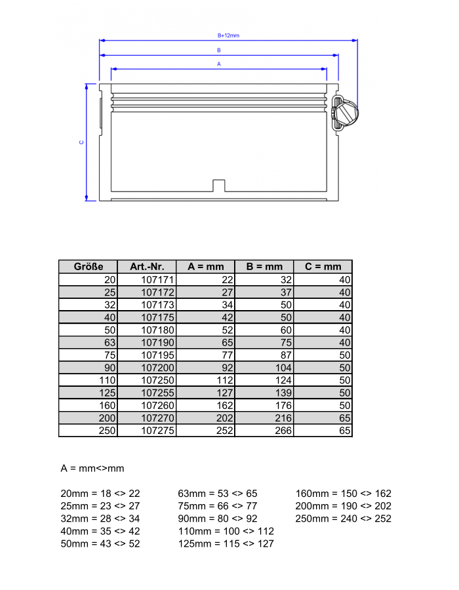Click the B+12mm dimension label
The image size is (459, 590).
point(228,35)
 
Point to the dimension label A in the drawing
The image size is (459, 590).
point(218,64)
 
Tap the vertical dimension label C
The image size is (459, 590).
point(81,142)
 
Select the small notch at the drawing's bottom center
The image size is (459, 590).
point(219,186)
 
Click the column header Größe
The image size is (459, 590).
point(88,267)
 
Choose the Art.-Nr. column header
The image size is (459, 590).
point(147,267)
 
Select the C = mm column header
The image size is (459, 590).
point(323,267)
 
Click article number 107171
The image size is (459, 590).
point(157,280)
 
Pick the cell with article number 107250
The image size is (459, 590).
point(157,380)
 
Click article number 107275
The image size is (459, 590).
point(157,431)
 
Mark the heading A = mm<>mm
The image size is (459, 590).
point(92,469)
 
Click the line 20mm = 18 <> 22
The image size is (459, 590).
point(100,494)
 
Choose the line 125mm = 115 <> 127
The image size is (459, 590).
point(226,543)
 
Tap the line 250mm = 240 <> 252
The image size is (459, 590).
point(343,519)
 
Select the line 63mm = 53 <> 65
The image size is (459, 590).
point(218,494)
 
